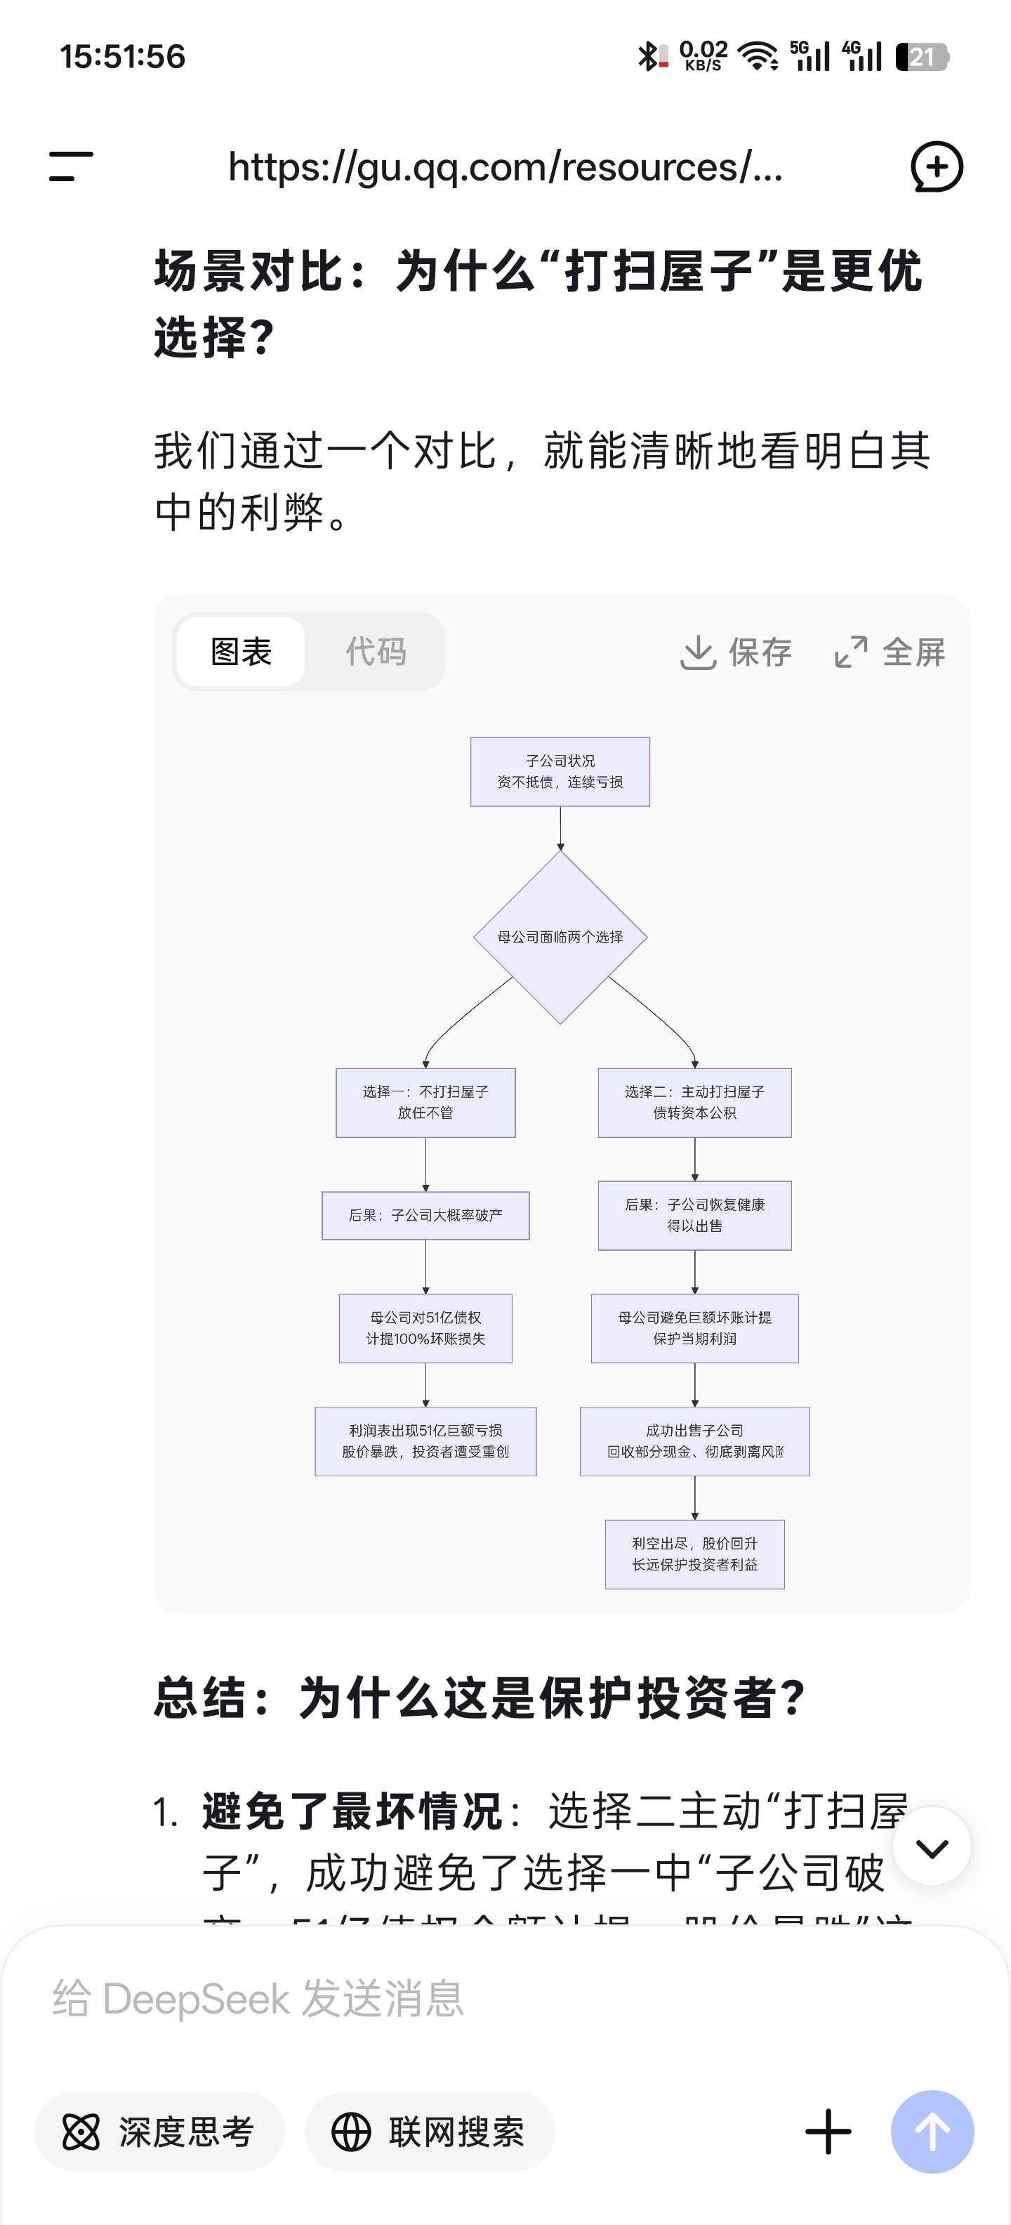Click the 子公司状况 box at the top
point(560,771)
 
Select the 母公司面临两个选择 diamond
point(560,937)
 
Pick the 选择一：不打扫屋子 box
point(425,1102)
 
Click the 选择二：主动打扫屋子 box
point(694,1102)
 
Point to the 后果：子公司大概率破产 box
point(425,1215)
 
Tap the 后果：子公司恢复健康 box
point(694,1215)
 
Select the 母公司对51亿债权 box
point(425,1328)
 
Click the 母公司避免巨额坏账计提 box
point(694,1328)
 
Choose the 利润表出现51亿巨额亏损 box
point(425,1440)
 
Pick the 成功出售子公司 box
point(694,1440)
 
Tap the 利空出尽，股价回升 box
point(694,1554)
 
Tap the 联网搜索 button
point(429,2132)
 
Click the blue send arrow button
point(932,2132)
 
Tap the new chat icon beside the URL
point(937,166)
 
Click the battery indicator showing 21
point(922,57)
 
